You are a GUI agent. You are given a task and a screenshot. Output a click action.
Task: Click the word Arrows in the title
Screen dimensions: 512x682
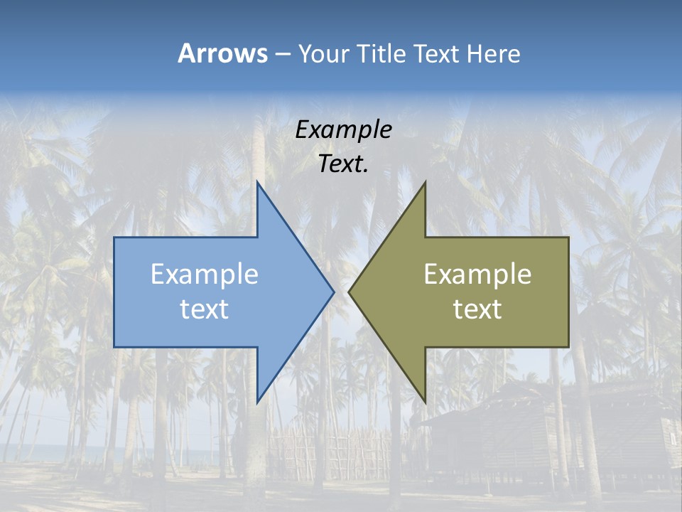tap(222, 53)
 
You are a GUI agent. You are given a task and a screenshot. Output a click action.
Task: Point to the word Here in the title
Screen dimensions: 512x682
tap(493, 53)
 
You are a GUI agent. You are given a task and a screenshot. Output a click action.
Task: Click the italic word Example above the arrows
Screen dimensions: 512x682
tap(343, 129)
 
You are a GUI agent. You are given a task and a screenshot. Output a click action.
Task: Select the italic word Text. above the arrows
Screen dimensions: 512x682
tap(343, 164)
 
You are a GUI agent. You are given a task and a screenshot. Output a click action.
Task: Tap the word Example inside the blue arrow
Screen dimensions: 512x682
tap(205, 274)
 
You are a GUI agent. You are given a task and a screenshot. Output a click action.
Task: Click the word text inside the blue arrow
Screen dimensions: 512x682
tap(205, 309)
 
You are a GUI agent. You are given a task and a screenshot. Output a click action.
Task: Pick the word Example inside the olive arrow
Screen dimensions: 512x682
tap(477, 274)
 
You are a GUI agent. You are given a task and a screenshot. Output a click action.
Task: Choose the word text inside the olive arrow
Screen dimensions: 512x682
tap(477, 309)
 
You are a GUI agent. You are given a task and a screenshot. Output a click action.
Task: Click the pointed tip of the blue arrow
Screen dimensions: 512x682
tap(332, 292)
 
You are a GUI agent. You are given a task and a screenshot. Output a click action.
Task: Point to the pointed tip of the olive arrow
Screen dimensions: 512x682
tap(350, 292)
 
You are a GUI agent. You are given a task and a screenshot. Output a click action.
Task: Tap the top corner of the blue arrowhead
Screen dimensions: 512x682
tap(257, 183)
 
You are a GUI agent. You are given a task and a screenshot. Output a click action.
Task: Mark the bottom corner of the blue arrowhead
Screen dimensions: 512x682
tap(257, 401)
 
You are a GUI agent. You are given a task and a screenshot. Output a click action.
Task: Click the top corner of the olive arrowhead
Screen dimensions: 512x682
tap(425, 183)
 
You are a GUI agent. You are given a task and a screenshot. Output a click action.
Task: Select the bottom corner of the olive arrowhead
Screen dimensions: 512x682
tap(425, 401)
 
